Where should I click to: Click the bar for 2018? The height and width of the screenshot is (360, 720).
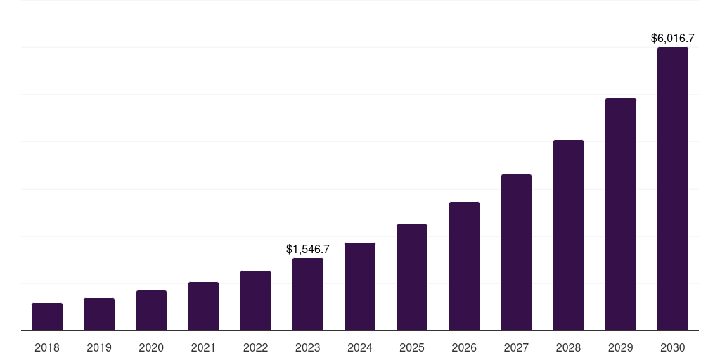[x=47, y=317]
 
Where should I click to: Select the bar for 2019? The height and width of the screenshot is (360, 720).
[x=99, y=314]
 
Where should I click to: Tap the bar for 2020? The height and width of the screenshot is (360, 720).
[x=151, y=311]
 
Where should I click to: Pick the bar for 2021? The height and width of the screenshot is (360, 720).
[x=203, y=307]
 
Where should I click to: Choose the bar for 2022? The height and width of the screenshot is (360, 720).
[x=255, y=301]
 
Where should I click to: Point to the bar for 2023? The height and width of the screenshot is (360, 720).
[x=308, y=295]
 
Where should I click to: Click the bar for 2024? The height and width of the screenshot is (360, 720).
[x=360, y=287]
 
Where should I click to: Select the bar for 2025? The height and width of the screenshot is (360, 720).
[x=412, y=278]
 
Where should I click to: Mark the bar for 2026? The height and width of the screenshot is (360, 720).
[x=464, y=266]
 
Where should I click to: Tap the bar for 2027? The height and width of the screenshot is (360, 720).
[x=516, y=252]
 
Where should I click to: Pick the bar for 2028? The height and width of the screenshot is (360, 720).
[x=568, y=236]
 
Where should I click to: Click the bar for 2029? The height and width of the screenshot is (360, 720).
[x=621, y=214]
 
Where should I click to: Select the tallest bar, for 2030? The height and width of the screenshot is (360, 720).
[x=673, y=189]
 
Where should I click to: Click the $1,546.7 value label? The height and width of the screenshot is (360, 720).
[x=308, y=249]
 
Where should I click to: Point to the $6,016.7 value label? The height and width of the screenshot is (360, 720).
[x=673, y=38]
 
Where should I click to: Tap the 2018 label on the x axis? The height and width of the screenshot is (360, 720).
[x=47, y=347]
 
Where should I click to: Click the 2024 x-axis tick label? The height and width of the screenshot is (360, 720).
[x=360, y=347]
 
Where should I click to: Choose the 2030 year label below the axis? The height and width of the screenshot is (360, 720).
[x=673, y=347]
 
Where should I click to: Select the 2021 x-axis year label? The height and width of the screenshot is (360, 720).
[x=203, y=347]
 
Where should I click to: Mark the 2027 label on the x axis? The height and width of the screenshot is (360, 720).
[x=516, y=347]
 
